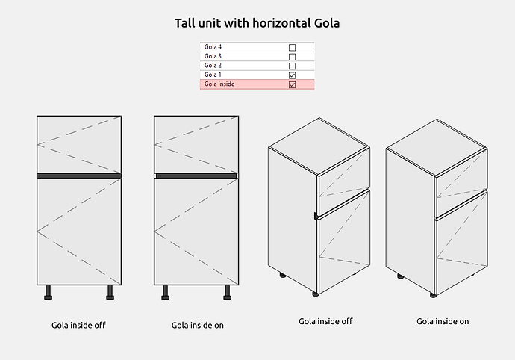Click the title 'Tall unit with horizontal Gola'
(x=257, y=23)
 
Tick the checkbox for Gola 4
(x=292, y=47)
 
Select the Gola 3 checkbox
(x=292, y=57)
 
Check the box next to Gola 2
(x=292, y=66)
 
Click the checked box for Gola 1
(x=292, y=75)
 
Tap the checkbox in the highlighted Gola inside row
(x=292, y=84)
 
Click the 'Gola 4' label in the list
(x=213, y=47)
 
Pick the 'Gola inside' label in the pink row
(x=219, y=84)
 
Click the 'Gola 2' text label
(x=213, y=66)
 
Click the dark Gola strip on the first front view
(x=79, y=176)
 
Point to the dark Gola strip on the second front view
(x=196, y=176)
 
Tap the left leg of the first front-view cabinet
(x=48, y=292)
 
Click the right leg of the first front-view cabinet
(x=110, y=292)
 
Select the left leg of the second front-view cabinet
(x=165, y=292)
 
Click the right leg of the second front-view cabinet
(x=228, y=292)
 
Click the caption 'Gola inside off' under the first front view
(x=78, y=325)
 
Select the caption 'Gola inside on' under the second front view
(x=197, y=325)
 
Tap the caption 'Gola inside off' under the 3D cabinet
(x=325, y=321)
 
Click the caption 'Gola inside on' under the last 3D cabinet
(x=443, y=321)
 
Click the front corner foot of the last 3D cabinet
(x=433, y=295)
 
